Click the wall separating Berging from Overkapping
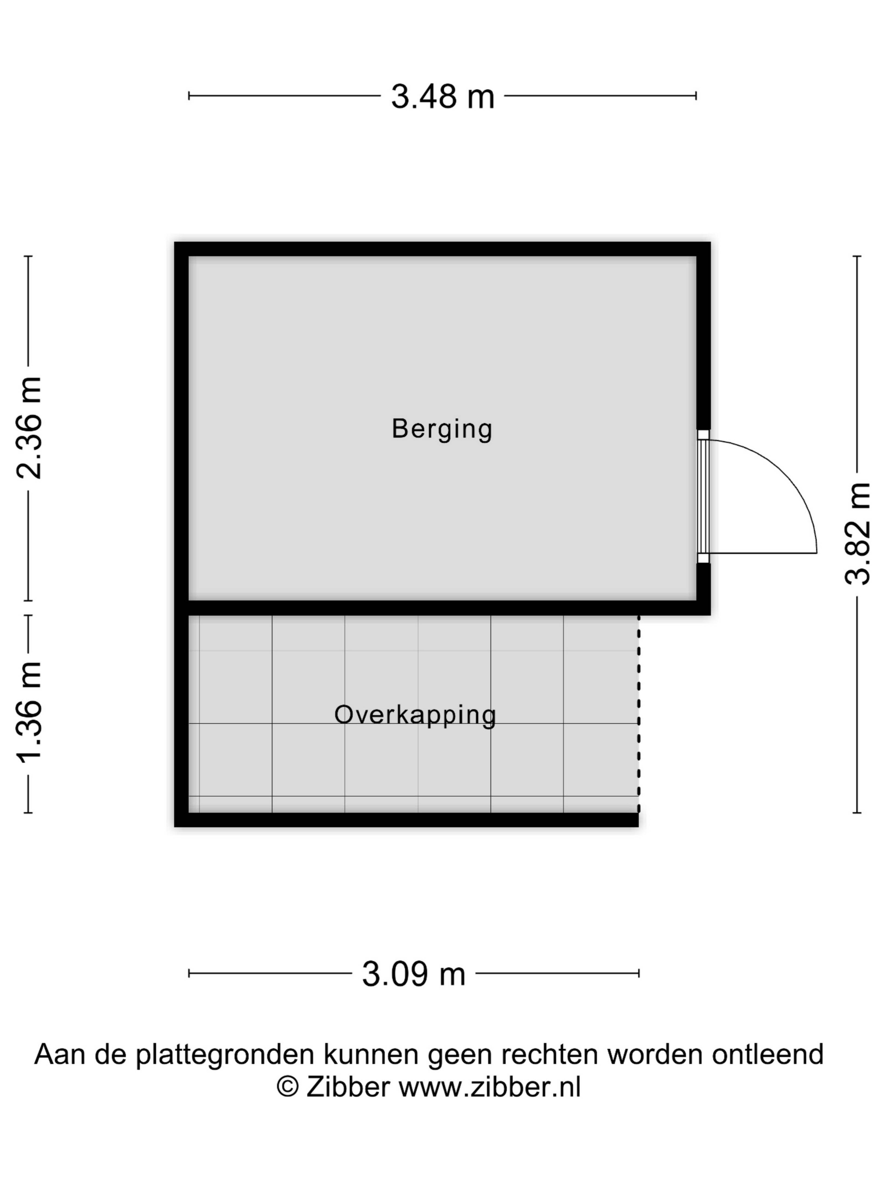point(442,608)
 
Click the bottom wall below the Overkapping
point(407,820)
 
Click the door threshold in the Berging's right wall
point(704,496)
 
